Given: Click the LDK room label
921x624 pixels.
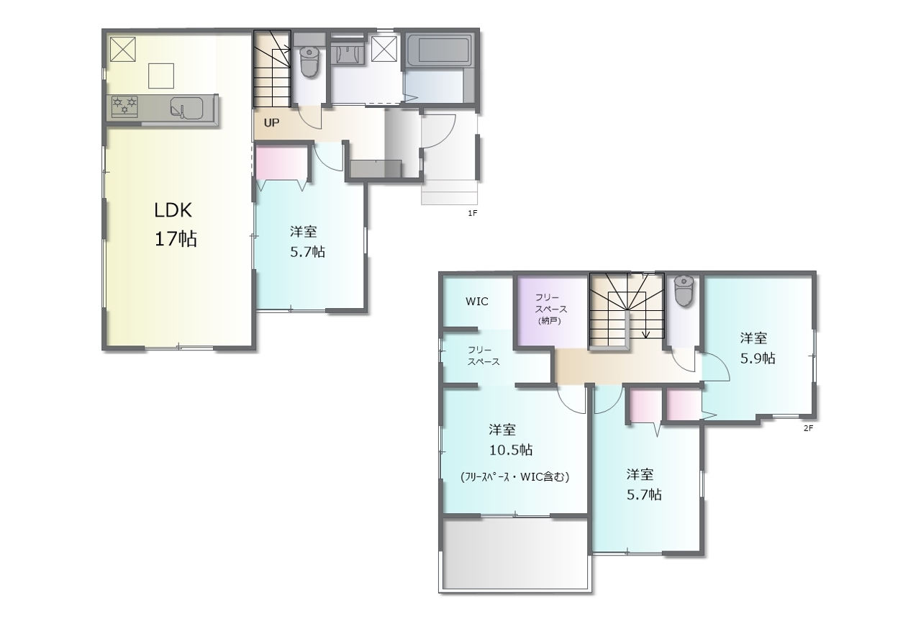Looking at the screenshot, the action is pyautogui.click(x=173, y=211).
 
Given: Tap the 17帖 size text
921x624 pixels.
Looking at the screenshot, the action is pyautogui.click(x=176, y=238).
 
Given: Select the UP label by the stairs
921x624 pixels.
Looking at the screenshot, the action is pyautogui.click(x=271, y=122).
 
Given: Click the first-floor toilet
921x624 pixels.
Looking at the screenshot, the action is pyautogui.click(x=309, y=62).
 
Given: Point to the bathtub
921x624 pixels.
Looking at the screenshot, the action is pyautogui.click(x=439, y=51).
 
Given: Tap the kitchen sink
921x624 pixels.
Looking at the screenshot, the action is pyautogui.click(x=186, y=108).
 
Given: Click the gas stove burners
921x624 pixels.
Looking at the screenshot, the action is pyautogui.click(x=124, y=106).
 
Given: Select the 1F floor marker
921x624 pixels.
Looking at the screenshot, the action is pyautogui.click(x=473, y=213).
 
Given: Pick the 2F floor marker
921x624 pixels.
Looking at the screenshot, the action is pyautogui.click(x=808, y=428).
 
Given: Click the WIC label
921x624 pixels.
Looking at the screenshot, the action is pyautogui.click(x=477, y=302).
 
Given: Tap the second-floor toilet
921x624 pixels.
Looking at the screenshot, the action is pyautogui.click(x=684, y=291).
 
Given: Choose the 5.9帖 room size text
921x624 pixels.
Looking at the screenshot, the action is pyautogui.click(x=758, y=358).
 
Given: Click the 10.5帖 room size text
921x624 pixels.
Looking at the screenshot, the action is pyautogui.click(x=511, y=450).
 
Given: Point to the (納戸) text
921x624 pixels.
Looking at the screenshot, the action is pyautogui.click(x=549, y=321).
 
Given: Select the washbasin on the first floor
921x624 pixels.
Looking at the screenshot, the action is pyautogui.click(x=348, y=55).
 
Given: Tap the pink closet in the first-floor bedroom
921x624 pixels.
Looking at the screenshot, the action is pyautogui.click(x=281, y=163).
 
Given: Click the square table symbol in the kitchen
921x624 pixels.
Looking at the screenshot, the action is pyautogui.click(x=160, y=76).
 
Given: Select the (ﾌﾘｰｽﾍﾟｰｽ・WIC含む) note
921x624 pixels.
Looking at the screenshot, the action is pyautogui.click(x=515, y=477).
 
